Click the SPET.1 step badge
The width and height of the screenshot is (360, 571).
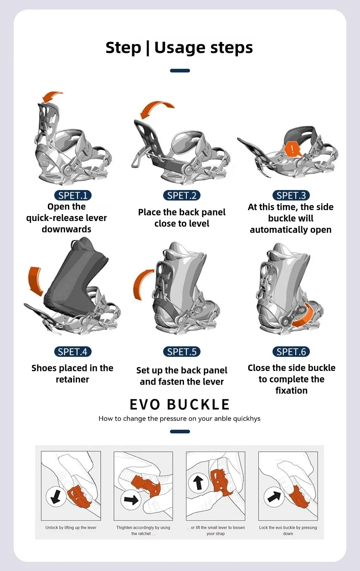(72, 195)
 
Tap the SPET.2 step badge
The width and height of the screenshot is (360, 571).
(182, 195)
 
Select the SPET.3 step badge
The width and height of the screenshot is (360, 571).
(291, 195)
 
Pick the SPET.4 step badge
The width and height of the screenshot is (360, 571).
(72, 351)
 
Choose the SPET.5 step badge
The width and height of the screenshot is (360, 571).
(182, 351)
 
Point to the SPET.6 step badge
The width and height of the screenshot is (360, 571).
(291, 351)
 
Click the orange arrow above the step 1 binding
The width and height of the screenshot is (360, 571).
(51, 97)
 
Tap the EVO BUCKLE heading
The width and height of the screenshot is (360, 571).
(180, 404)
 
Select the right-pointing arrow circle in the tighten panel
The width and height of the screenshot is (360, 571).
(131, 500)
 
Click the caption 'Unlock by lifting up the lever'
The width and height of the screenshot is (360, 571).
(71, 528)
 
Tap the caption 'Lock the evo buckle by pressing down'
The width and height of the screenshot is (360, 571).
(288, 530)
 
